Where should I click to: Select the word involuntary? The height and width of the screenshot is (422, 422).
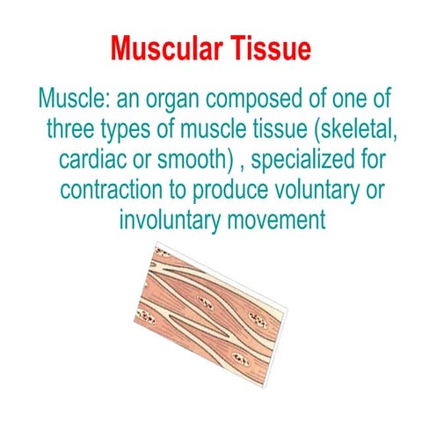170,221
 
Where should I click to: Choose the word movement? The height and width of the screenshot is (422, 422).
277,221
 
